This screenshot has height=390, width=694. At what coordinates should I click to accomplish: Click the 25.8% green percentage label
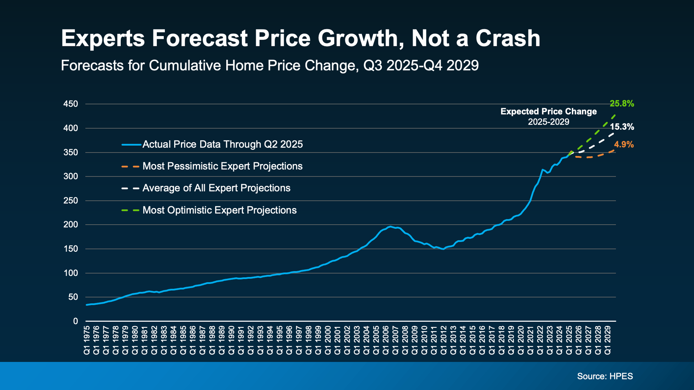(622, 104)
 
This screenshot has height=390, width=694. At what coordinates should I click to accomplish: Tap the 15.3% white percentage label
(622, 127)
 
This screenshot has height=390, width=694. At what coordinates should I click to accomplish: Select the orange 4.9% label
(624, 145)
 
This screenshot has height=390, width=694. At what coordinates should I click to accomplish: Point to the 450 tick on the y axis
(71, 104)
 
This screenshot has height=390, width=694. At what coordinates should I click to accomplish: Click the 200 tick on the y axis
(71, 225)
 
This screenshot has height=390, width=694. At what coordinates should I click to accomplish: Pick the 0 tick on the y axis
(75, 321)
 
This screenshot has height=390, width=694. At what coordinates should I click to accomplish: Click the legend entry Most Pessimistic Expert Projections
(222, 166)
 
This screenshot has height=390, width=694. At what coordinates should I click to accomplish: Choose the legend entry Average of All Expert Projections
(216, 188)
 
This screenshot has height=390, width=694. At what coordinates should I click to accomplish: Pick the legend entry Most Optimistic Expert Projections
(219, 211)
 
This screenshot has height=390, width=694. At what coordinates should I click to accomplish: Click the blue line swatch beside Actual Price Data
(131, 145)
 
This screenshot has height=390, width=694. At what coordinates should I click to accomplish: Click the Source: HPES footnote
(605, 376)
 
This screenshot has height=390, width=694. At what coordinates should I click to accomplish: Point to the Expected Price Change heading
(548, 112)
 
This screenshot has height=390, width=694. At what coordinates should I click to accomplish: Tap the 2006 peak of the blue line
(390, 227)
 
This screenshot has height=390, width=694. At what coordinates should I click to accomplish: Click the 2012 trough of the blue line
(443, 249)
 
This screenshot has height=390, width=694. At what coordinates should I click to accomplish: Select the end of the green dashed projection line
(615, 115)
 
